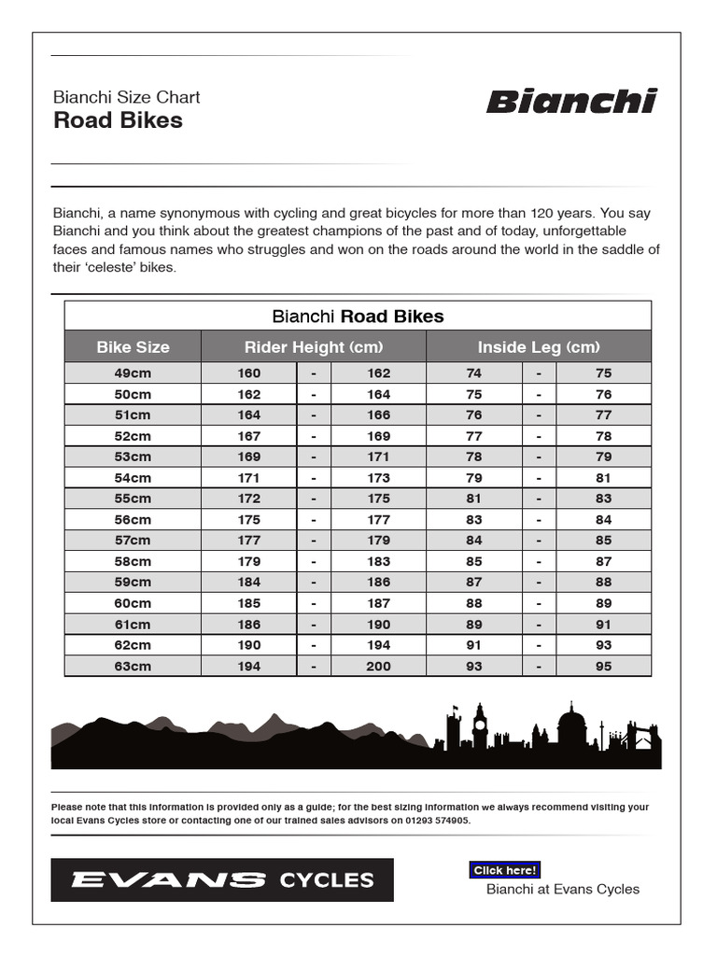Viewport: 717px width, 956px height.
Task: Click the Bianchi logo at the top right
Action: pyautogui.click(x=571, y=102)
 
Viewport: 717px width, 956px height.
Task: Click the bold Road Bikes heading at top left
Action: pyautogui.click(x=118, y=120)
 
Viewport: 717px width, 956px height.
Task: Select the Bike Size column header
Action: pyautogui.click(x=133, y=347)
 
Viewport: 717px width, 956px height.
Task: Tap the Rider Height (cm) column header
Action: pyautogui.click(x=314, y=347)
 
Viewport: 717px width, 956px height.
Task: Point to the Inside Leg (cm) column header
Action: pyautogui.click(x=539, y=347)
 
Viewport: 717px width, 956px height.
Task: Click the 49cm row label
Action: pyautogui.click(x=133, y=373)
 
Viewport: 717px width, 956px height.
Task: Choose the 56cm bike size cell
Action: pyautogui.click(x=133, y=520)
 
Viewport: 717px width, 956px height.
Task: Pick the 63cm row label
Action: pyautogui.click(x=133, y=667)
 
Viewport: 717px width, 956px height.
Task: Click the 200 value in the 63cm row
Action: pyautogui.click(x=379, y=667)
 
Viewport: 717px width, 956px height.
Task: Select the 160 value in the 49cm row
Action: pyautogui.click(x=249, y=373)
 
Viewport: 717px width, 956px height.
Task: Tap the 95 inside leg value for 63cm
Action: pyautogui.click(x=604, y=667)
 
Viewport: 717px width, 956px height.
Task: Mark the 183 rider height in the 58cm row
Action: pyautogui.click(x=379, y=562)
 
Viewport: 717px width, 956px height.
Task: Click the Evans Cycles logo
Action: pyautogui.click(x=222, y=879)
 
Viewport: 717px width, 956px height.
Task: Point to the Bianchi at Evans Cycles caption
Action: pyautogui.click(x=563, y=889)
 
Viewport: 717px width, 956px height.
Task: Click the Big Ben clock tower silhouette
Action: pyautogui.click(x=480, y=726)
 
